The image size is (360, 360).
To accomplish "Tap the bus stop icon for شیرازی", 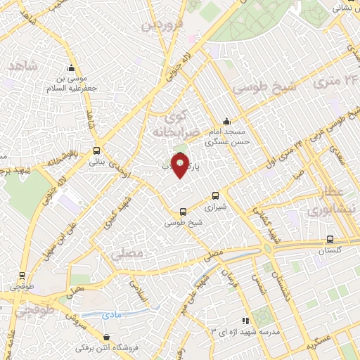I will [215, 197].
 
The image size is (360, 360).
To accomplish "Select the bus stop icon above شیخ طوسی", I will [184, 211].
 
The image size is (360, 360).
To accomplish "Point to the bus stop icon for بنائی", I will [96, 150].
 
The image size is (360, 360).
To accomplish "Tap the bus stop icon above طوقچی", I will [23, 276].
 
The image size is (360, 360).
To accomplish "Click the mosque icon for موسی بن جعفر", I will [70, 68].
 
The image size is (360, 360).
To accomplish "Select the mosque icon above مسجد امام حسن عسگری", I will [226, 120].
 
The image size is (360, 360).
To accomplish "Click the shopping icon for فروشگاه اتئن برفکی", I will [106, 337].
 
